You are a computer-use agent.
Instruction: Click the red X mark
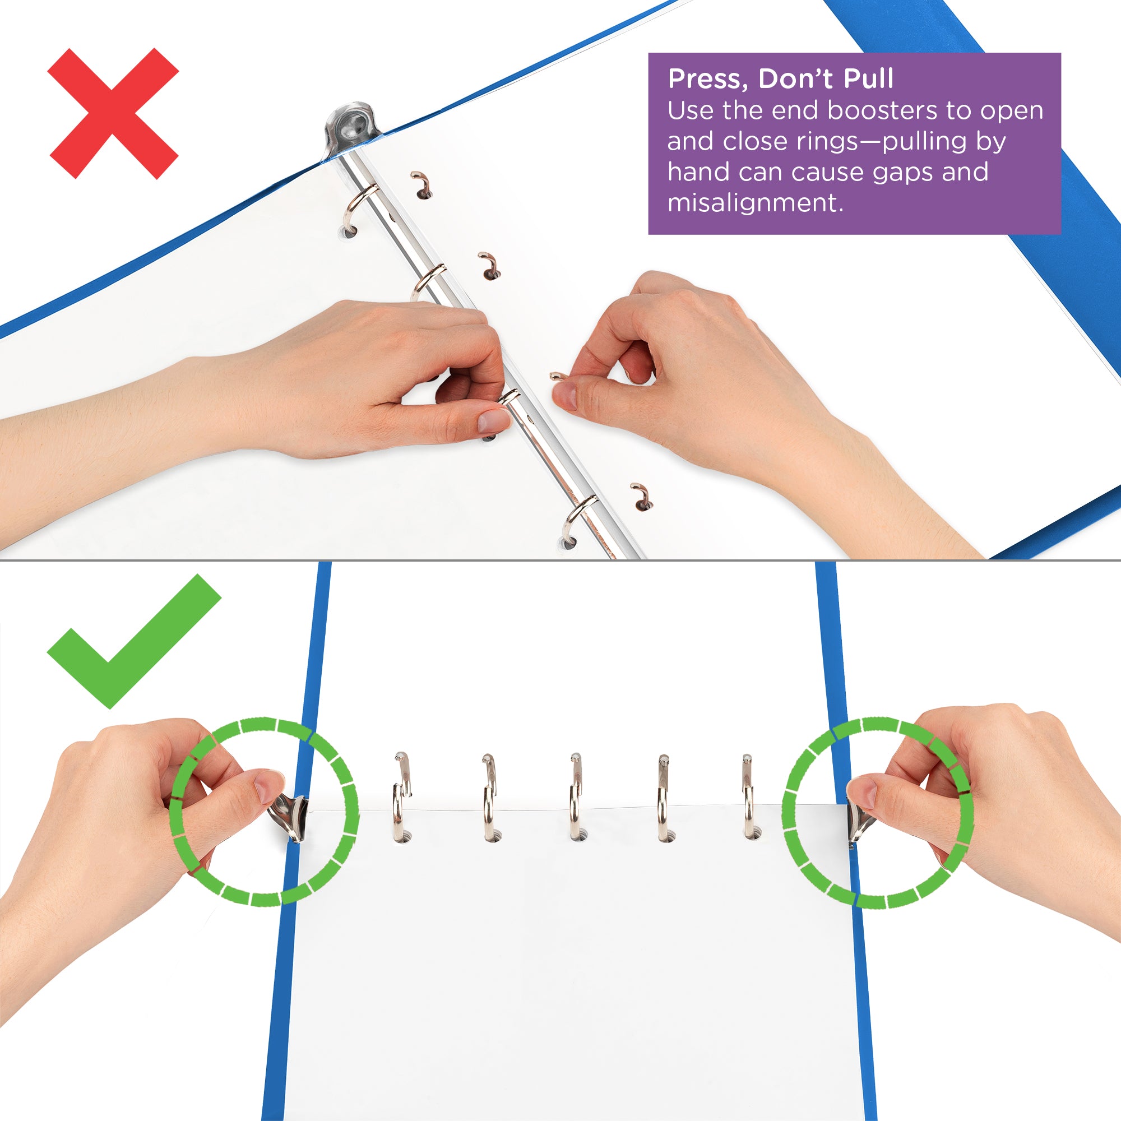(x=113, y=113)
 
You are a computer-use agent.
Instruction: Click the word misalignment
(x=754, y=203)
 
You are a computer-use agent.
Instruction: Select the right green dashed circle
(x=877, y=812)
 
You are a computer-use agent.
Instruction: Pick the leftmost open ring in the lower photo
(x=400, y=798)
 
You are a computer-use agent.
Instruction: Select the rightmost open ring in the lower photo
(x=748, y=798)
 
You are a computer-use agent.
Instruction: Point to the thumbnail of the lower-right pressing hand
(x=862, y=791)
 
